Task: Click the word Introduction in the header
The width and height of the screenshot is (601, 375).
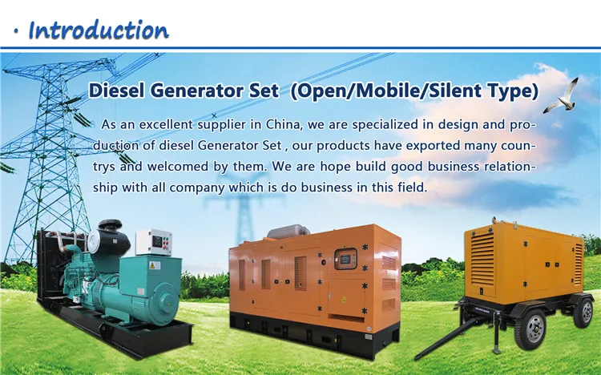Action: (99, 30)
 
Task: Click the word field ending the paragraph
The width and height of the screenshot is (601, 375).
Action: (411, 187)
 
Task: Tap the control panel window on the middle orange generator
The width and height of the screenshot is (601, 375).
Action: (345, 259)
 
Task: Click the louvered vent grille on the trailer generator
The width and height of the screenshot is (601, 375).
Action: (482, 257)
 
